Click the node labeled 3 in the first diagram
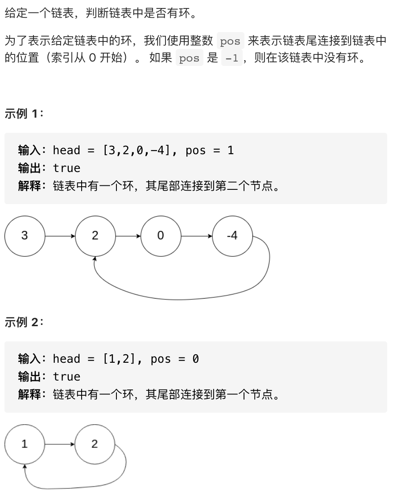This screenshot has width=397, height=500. pyautogui.click(x=25, y=236)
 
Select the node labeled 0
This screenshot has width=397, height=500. pyautogui.click(x=161, y=236)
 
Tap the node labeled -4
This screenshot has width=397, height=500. pyautogui.click(x=232, y=236)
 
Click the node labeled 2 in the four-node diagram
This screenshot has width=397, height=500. pyautogui.click(x=95, y=236)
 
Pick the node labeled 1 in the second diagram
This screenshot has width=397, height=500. pyautogui.click(x=25, y=444)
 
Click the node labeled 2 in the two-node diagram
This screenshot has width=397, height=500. pyautogui.click(x=95, y=444)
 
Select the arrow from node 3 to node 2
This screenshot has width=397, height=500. pyautogui.click(x=60, y=236)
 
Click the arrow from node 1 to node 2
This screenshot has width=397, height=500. pyautogui.click(x=59, y=444)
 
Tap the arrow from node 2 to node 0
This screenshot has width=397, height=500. pyautogui.click(x=128, y=236)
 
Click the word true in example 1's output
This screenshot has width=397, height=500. pyautogui.click(x=67, y=168)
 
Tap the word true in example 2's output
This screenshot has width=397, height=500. pyautogui.click(x=67, y=377)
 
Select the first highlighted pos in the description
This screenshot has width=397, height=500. pyautogui.click(x=230, y=42)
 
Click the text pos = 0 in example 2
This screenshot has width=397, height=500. pyautogui.click(x=174, y=359)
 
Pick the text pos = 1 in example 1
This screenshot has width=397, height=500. pyautogui.click(x=210, y=151)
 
